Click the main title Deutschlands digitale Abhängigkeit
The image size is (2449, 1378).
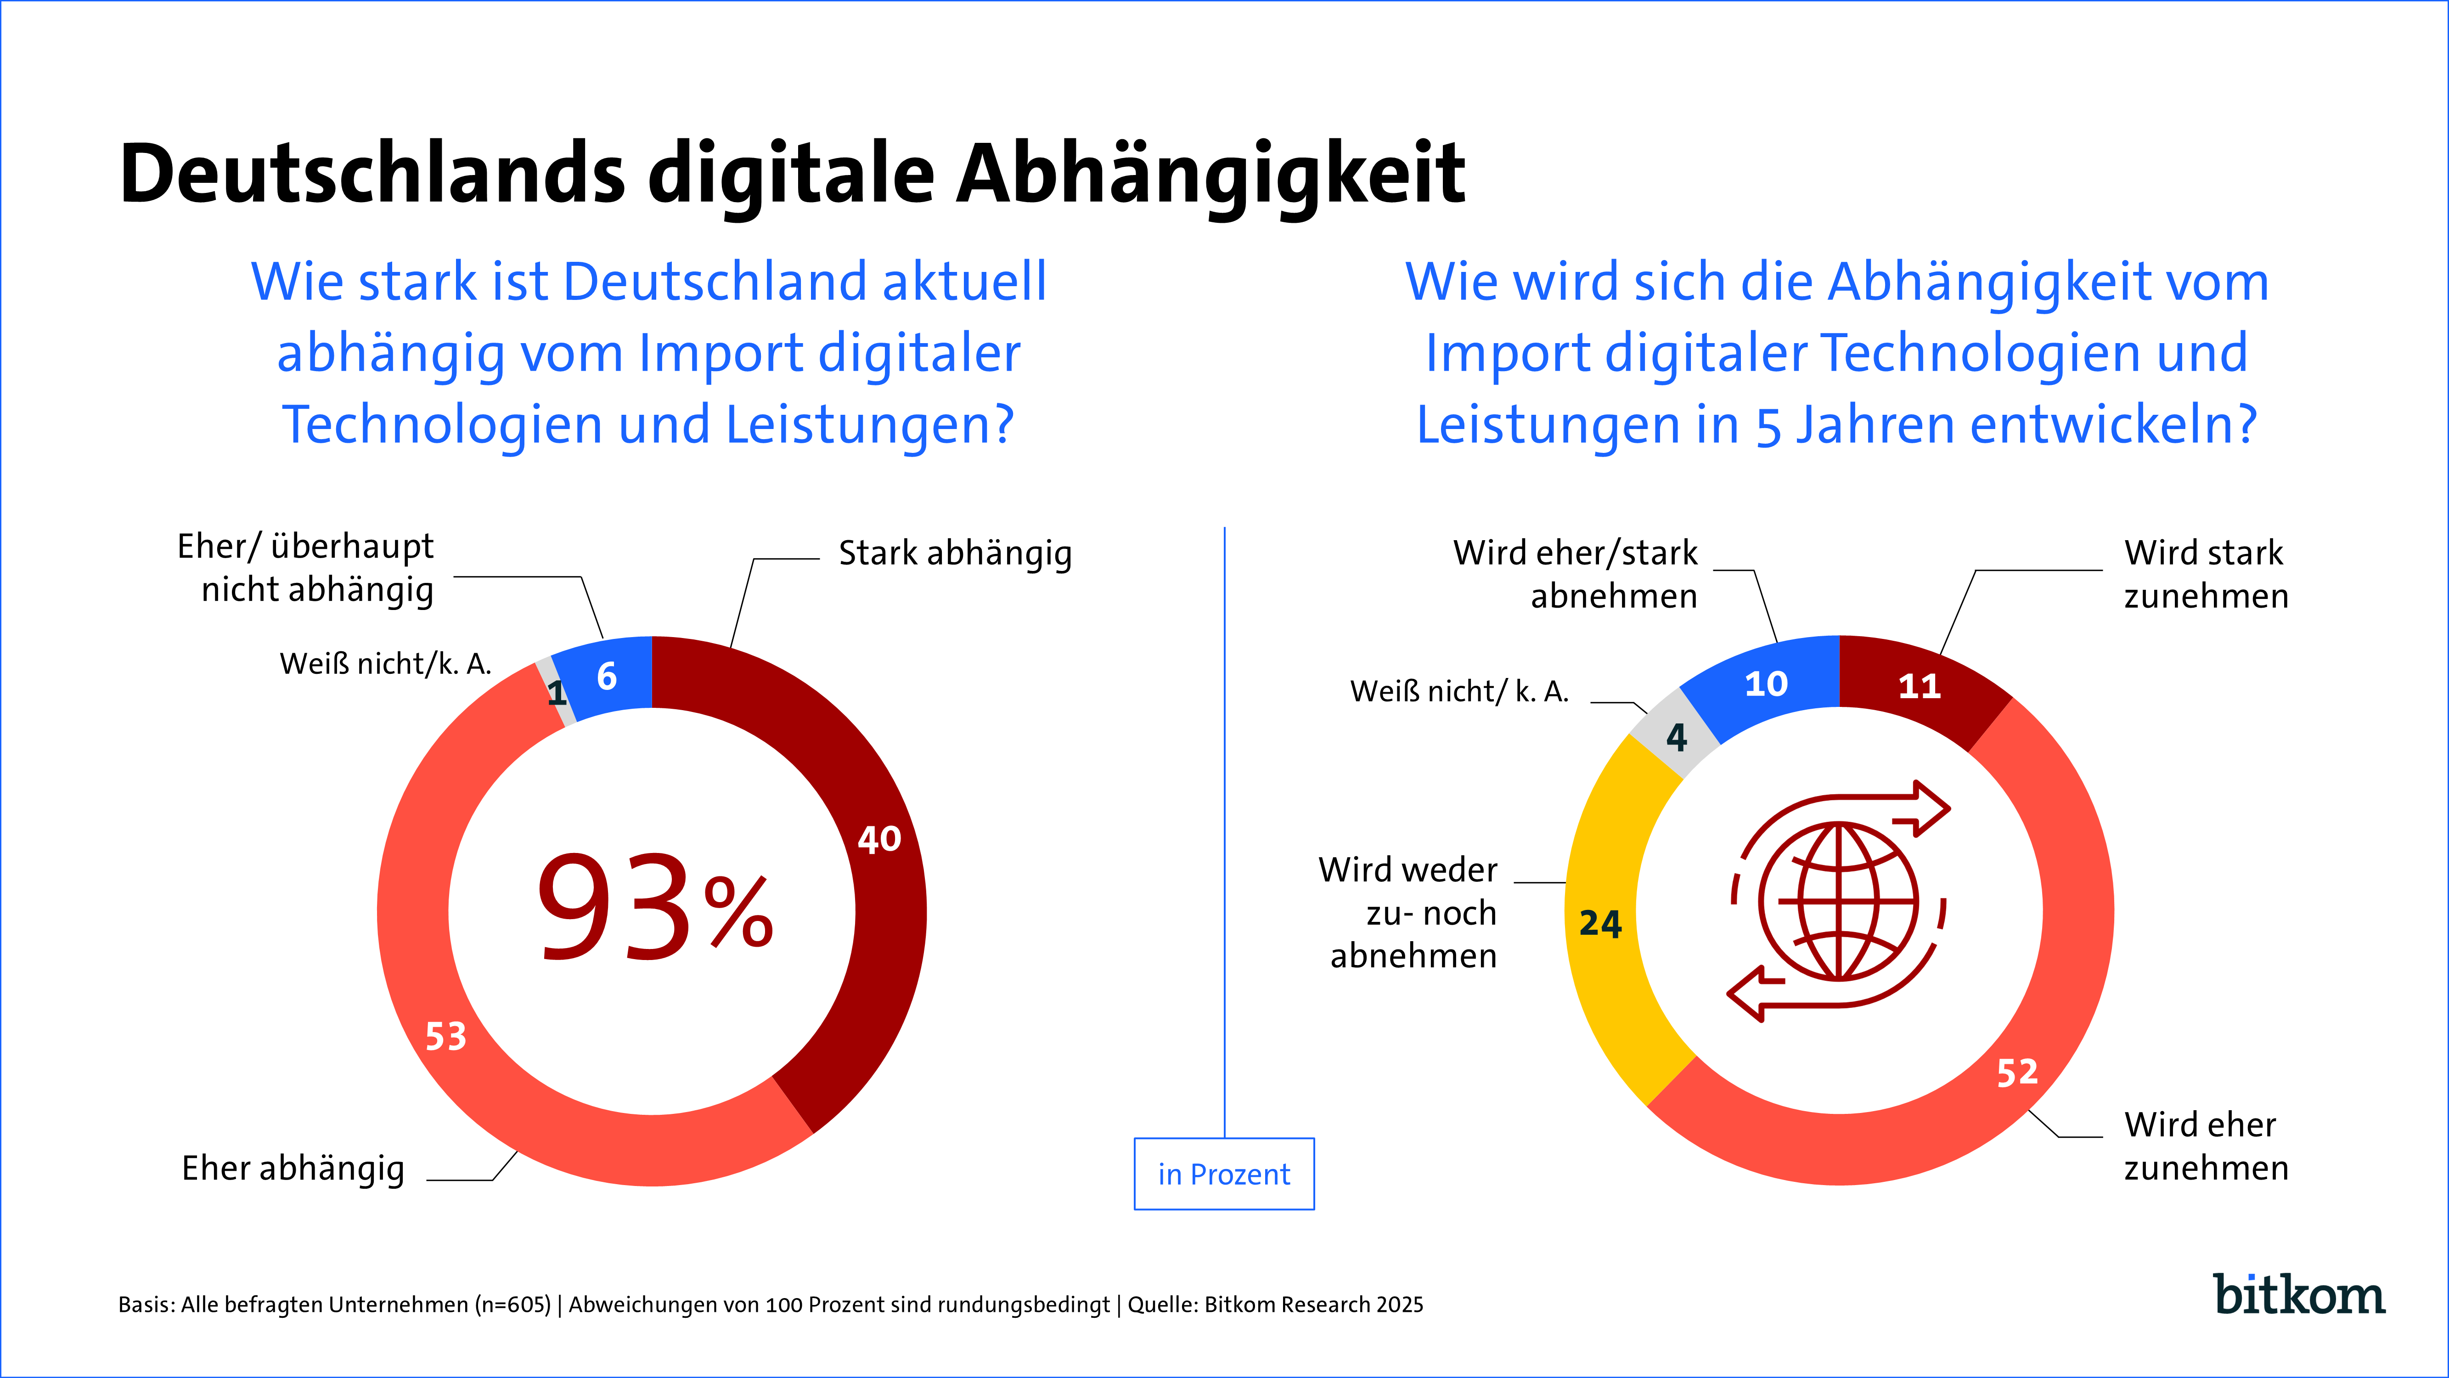[x=792, y=174]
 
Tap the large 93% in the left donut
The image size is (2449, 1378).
[x=654, y=908]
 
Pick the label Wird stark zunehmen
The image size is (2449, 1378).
[x=2206, y=573]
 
